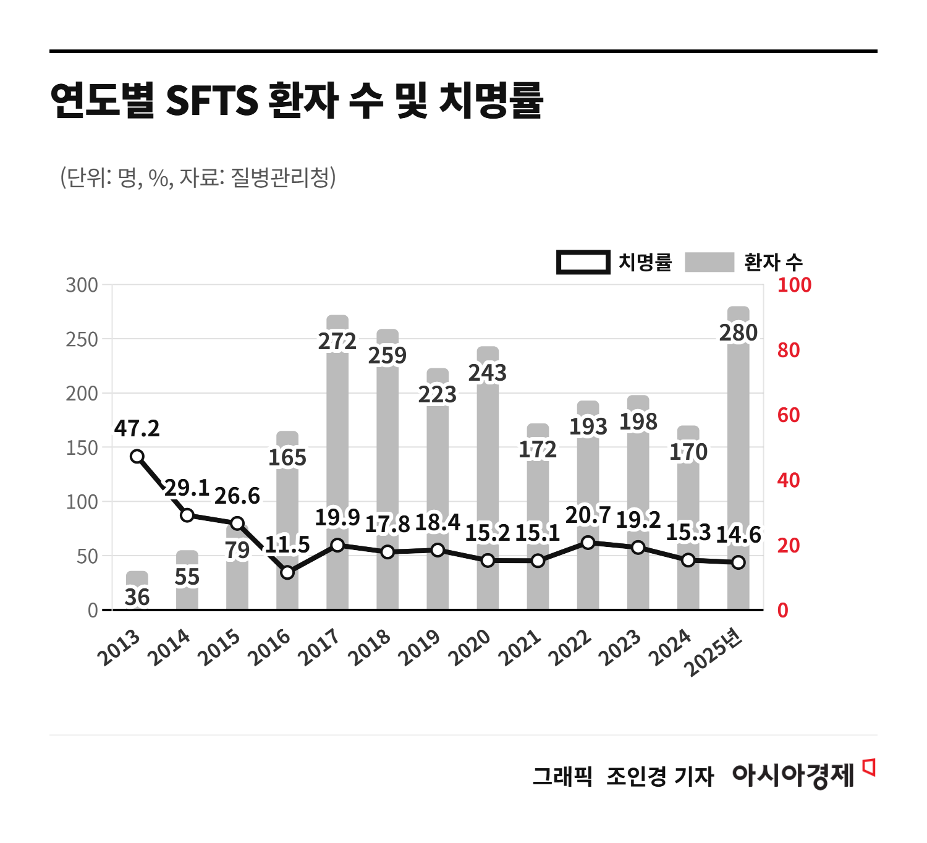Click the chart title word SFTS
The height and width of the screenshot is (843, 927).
click(x=212, y=100)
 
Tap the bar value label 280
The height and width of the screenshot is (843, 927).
click(x=738, y=333)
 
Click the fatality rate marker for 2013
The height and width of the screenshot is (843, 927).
click(x=137, y=457)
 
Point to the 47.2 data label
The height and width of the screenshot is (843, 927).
click(x=137, y=428)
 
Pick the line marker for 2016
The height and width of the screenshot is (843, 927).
click(x=287, y=572)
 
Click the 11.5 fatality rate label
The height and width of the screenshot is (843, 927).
click(x=287, y=544)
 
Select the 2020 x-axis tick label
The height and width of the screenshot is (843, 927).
click(x=470, y=647)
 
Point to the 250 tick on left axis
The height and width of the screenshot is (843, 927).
click(x=82, y=339)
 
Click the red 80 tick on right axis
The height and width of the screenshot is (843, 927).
click(x=789, y=350)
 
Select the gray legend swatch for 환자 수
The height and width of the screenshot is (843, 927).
click(x=709, y=262)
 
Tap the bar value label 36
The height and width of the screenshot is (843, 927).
click(x=137, y=597)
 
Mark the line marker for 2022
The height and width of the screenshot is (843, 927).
click(x=588, y=543)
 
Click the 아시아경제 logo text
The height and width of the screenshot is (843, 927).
click(x=793, y=775)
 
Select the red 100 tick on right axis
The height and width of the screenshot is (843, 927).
click(x=794, y=285)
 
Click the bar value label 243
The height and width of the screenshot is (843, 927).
click(x=488, y=373)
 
